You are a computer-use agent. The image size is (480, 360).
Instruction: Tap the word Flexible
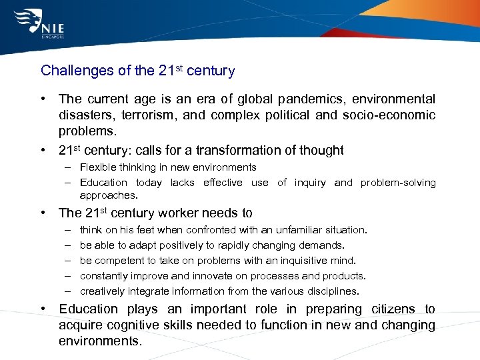click(x=97, y=167)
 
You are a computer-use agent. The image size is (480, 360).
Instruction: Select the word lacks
click(x=182, y=183)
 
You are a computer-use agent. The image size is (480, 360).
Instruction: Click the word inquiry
click(x=310, y=183)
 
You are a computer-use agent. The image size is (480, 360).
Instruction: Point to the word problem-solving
click(x=398, y=183)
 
